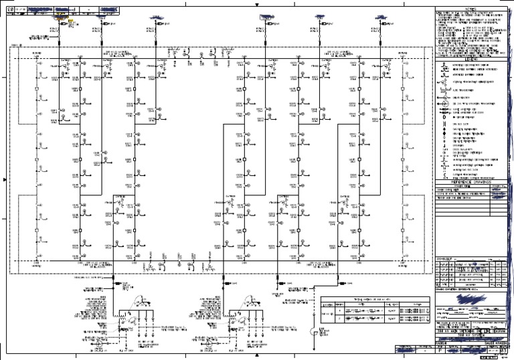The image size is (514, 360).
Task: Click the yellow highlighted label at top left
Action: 70,22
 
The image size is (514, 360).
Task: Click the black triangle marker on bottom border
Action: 258,356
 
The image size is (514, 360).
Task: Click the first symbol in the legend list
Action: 444,66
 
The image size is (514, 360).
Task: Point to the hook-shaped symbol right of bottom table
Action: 313,333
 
